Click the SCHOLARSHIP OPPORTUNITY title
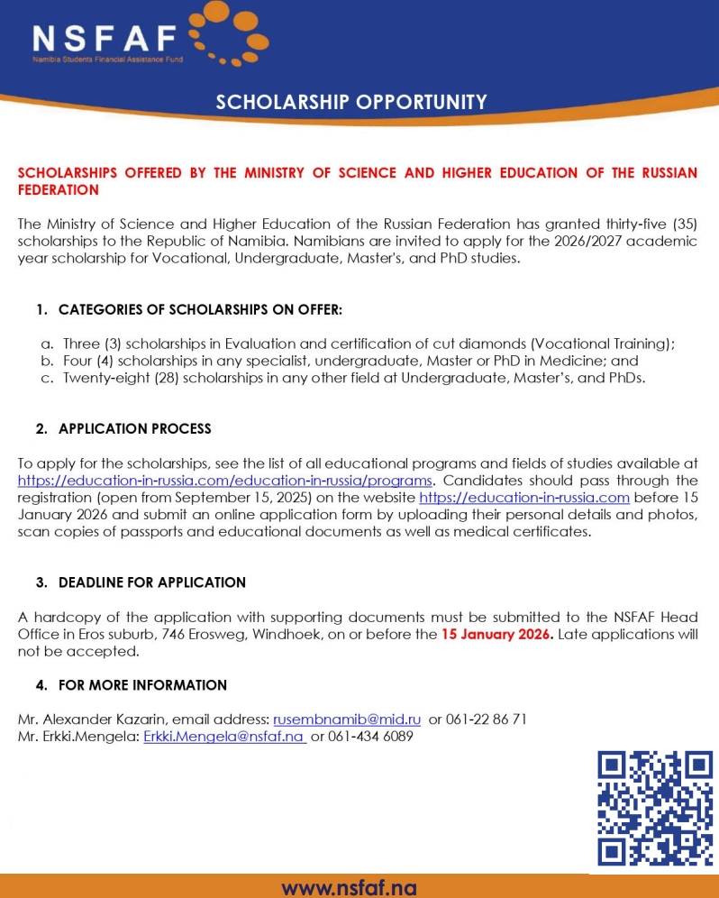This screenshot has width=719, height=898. [x=351, y=102]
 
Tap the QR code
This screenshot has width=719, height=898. [x=654, y=809]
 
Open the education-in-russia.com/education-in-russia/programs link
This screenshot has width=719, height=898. [x=225, y=480]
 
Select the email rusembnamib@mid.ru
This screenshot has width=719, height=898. [x=347, y=719]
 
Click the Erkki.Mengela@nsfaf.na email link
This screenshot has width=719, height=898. [x=224, y=737]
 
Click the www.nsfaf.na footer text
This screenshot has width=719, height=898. [x=350, y=887]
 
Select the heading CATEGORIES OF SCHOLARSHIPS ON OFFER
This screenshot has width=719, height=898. [x=200, y=310]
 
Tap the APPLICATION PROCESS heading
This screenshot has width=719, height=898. [x=134, y=428]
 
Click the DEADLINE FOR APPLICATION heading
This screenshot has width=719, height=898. [x=151, y=582]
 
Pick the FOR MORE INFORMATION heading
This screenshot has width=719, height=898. [x=142, y=685]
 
